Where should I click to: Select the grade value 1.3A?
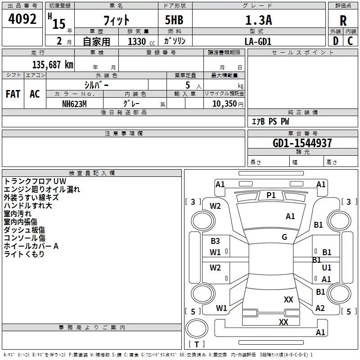click(258, 20)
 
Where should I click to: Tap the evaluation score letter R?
click(343, 21)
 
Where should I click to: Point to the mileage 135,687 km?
click(53, 65)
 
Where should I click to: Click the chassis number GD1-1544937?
click(302, 143)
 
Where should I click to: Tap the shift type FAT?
click(13, 94)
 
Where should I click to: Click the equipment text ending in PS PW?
click(270, 121)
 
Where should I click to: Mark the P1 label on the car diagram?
click(271, 195)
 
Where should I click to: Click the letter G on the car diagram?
click(284, 237)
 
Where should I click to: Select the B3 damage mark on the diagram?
click(216, 241)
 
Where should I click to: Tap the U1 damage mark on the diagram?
click(327, 268)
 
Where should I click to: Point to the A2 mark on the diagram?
click(320, 308)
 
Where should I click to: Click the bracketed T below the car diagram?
click(196, 345)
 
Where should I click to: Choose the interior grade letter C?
click(350, 41)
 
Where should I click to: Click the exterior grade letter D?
click(335, 41)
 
